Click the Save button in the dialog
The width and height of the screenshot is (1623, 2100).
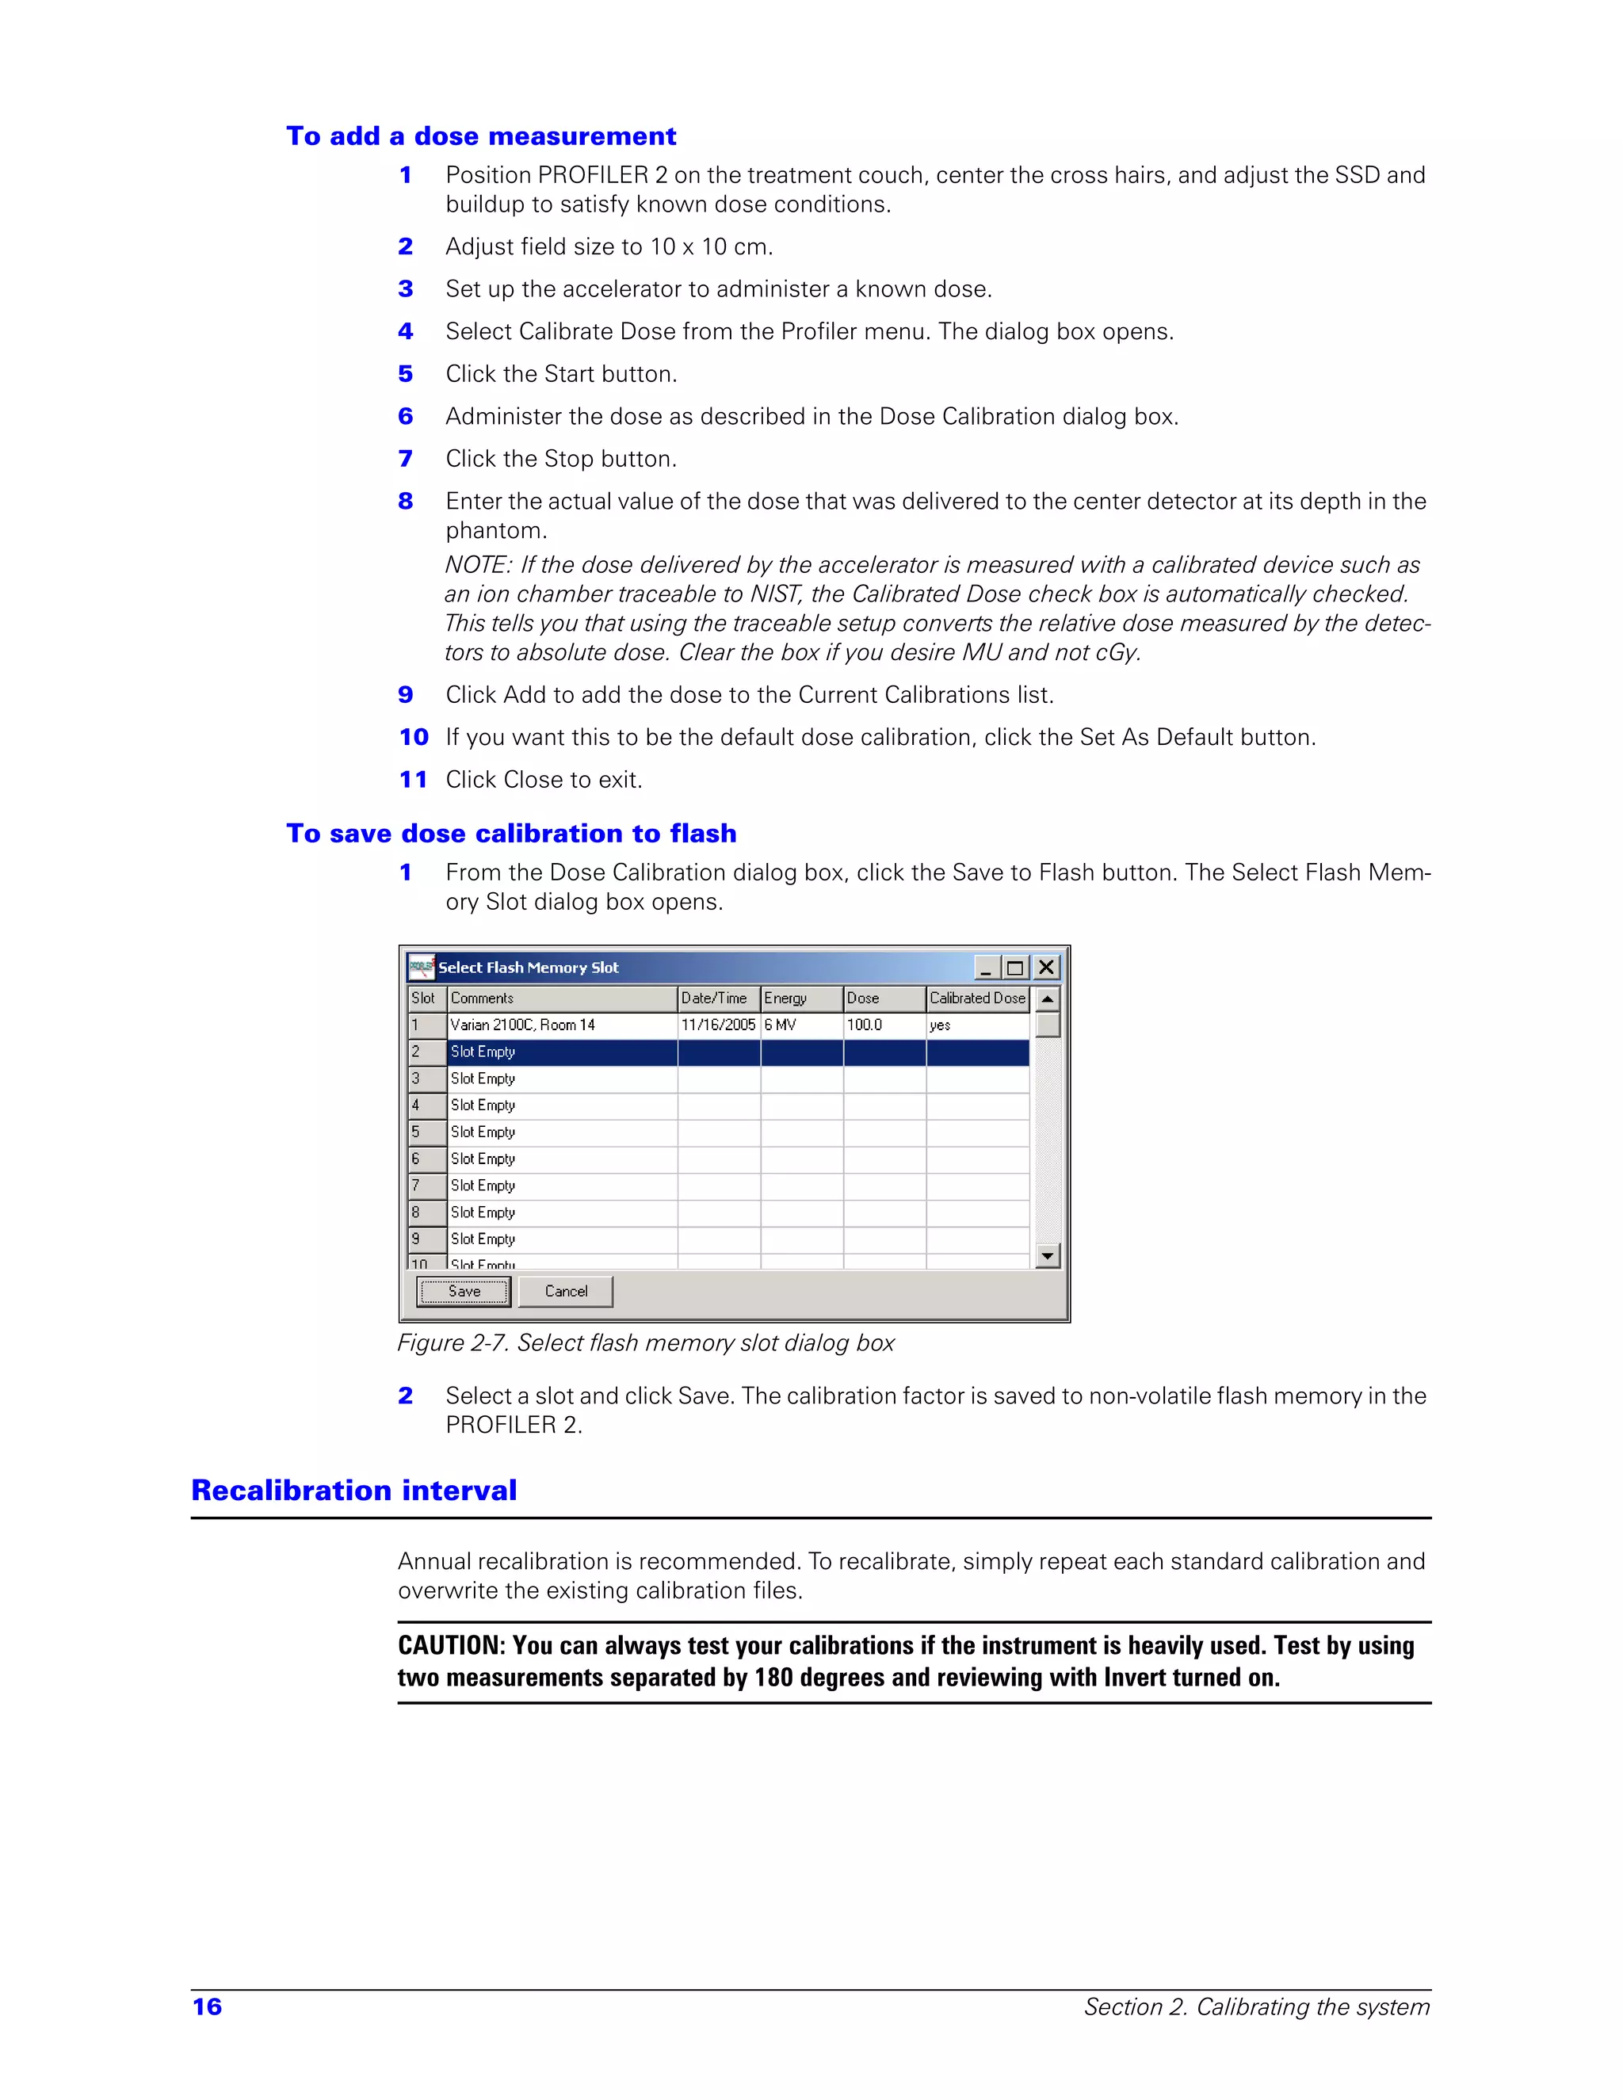(x=464, y=1292)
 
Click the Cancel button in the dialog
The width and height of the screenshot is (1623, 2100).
(x=565, y=1292)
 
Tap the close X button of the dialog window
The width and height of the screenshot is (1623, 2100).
(x=1046, y=968)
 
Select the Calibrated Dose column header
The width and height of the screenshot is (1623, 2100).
(x=977, y=998)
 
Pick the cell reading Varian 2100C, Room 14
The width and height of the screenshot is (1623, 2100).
(x=523, y=1025)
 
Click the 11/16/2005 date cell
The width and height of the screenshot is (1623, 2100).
(x=718, y=1025)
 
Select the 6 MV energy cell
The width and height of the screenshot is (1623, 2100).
(x=781, y=1025)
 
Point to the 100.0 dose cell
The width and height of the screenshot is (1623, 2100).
(x=865, y=1025)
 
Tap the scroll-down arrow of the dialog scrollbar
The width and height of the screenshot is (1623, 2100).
(x=1048, y=1256)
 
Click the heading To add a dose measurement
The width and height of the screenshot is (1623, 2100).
(x=481, y=136)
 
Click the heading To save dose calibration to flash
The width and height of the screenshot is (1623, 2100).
(x=511, y=834)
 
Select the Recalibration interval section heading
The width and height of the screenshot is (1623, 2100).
(x=353, y=1491)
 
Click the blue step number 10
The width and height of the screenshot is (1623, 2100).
(x=414, y=738)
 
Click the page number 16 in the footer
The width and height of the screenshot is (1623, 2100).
(x=208, y=2006)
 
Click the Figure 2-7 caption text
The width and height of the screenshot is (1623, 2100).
(x=645, y=1343)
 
